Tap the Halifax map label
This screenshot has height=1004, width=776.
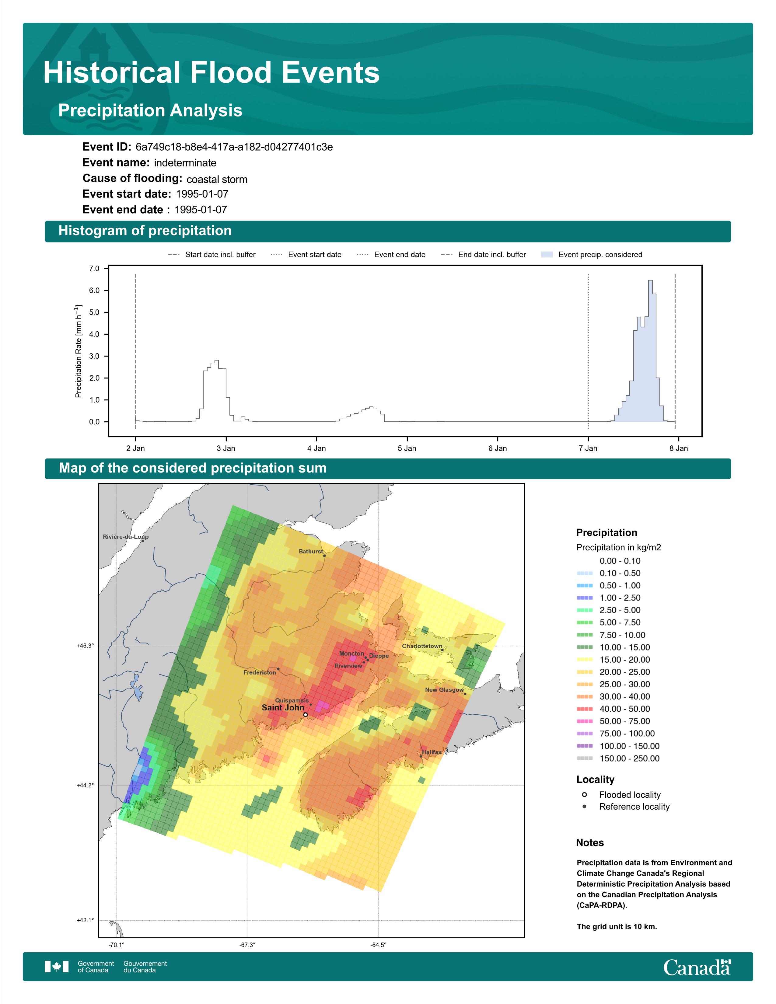pos(432,752)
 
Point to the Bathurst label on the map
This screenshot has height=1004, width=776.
pos(311,551)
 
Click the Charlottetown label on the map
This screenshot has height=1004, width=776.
pos(422,646)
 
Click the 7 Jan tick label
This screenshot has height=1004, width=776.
pos(588,448)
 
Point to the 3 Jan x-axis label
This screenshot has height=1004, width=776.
pos(226,448)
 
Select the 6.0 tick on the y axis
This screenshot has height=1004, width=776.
pos(94,291)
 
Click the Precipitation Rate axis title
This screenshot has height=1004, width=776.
pos(78,351)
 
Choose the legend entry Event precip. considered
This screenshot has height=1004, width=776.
pos(592,255)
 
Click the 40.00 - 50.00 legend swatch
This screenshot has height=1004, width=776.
pos(585,709)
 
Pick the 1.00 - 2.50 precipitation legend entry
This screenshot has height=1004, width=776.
pos(609,598)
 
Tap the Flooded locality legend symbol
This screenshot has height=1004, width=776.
pos(584,794)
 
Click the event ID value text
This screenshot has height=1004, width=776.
pos(234,147)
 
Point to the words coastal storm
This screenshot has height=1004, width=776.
pos(217,179)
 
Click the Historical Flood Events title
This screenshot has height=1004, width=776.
pos(211,73)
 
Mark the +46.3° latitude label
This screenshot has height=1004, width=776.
pos(85,646)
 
